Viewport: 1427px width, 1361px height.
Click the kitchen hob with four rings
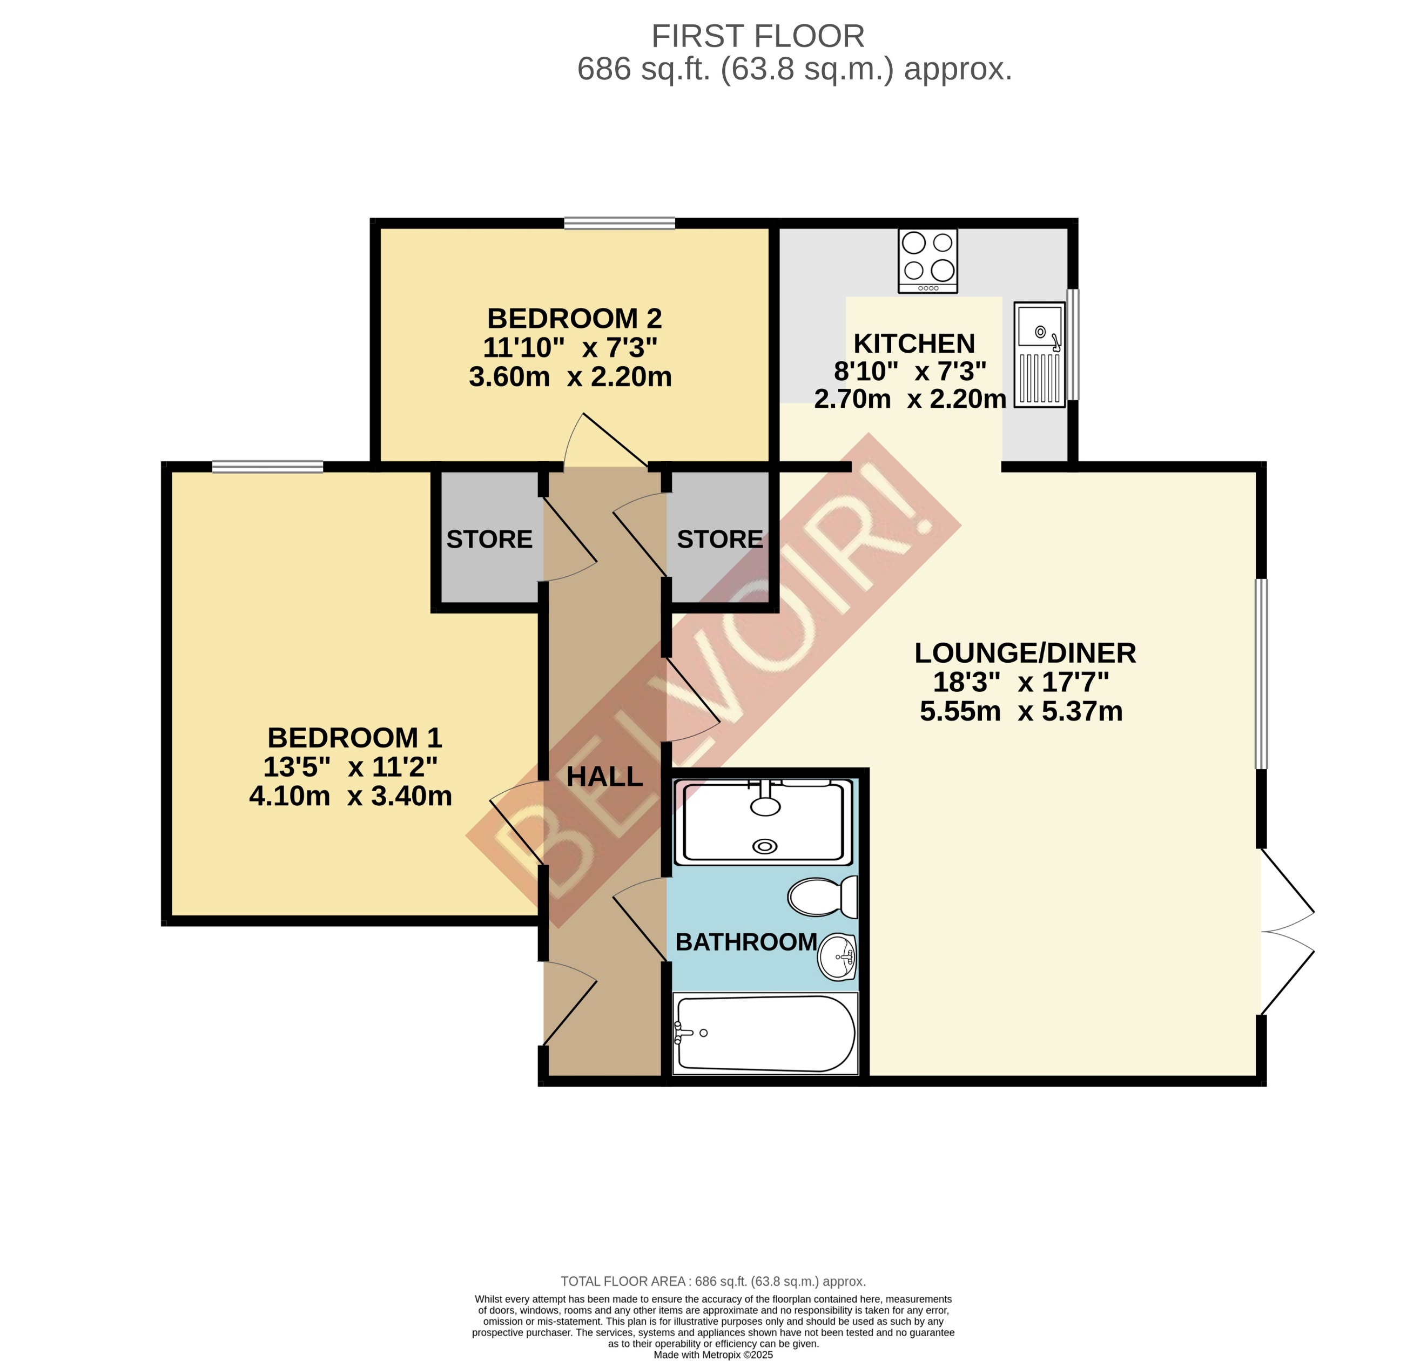[x=927, y=260]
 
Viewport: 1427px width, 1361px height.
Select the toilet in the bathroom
[x=822, y=898]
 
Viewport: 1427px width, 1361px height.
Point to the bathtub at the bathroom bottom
[x=765, y=1033]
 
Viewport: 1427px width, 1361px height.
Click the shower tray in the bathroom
[x=763, y=823]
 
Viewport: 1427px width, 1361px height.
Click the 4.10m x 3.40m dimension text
[x=351, y=796]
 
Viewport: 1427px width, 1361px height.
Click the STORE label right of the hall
[x=719, y=539]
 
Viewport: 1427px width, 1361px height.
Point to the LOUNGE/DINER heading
[x=1025, y=653]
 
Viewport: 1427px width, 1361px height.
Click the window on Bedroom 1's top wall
[x=268, y=467]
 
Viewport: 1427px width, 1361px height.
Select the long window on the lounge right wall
[x=1262, y=673]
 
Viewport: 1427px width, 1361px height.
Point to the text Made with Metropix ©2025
[x=713, y=1354]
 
